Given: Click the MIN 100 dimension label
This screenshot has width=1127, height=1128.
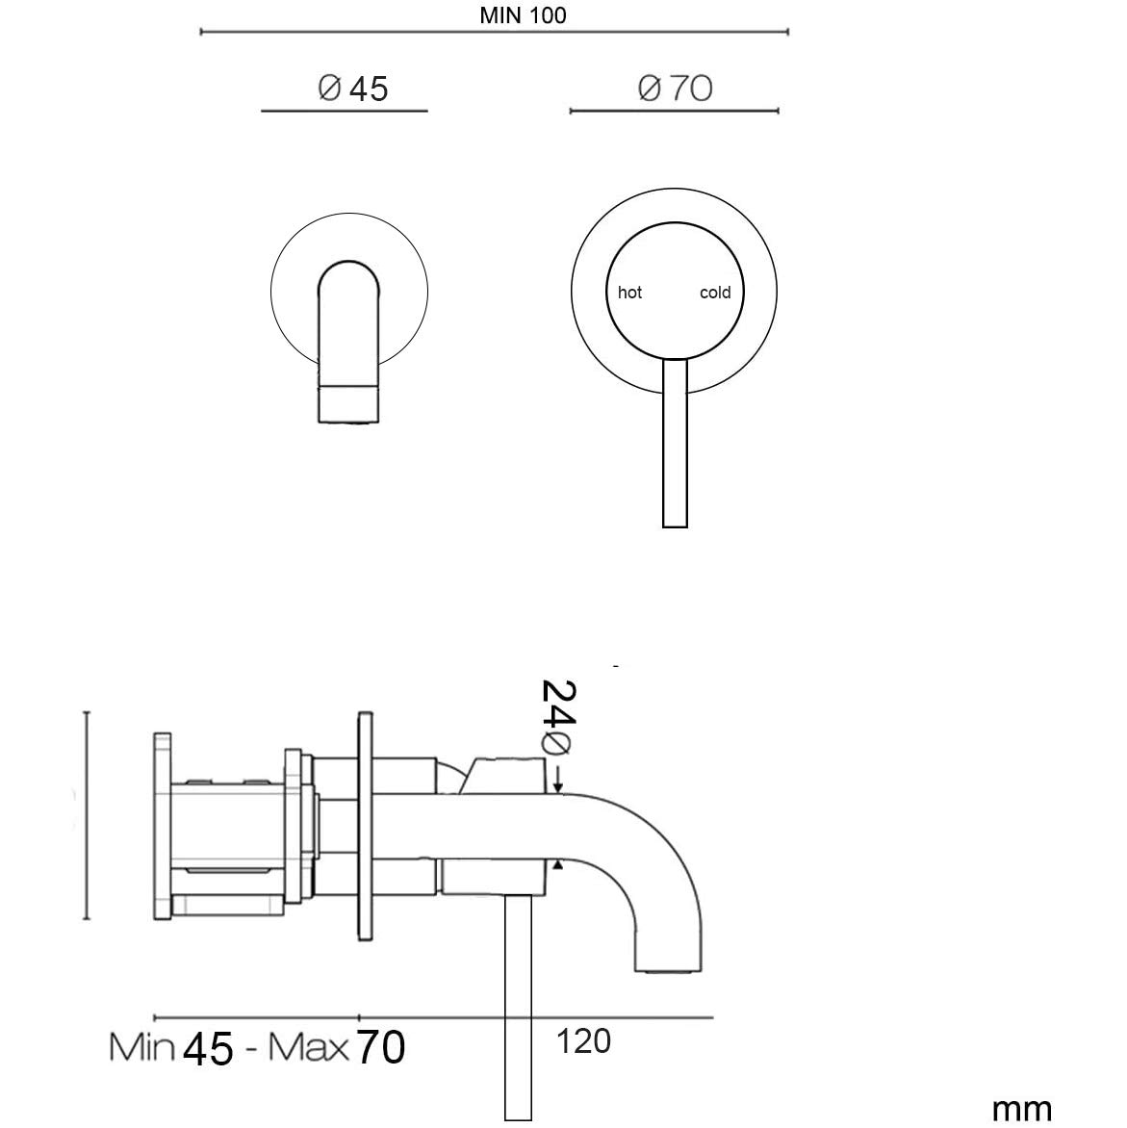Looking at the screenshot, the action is coord(523,15).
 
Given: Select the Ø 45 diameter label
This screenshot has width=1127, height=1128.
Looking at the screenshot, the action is coord(353,89).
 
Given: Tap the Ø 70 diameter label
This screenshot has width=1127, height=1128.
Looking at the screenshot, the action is coord(675,88).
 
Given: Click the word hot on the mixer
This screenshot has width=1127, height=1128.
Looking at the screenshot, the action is coord(629,292).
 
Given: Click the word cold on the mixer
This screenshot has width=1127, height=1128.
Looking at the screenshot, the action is coord(715,292).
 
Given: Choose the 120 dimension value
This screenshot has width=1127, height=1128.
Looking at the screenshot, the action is coord(583,1041).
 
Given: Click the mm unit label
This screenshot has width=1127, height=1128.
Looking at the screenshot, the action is coord(1021,1110).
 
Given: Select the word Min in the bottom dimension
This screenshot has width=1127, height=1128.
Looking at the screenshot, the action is coord(141,1047).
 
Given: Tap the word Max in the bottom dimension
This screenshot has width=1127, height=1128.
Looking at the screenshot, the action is coord(308,1047).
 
